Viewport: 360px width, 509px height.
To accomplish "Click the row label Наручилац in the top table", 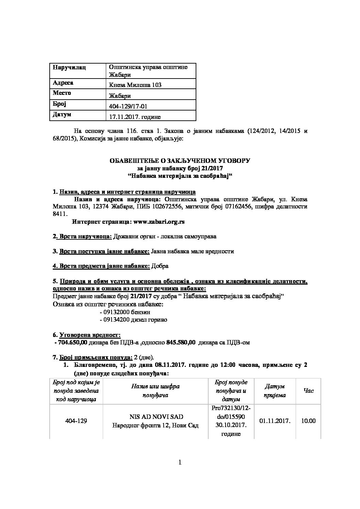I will click(69, 67).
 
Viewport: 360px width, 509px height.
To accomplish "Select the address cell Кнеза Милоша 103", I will click(135, 85).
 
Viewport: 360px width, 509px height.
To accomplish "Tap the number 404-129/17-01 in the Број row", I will click(128, 106).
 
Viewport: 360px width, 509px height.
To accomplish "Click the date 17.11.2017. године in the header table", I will click(135, 117).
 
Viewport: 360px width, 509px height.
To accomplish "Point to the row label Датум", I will click(62, 115).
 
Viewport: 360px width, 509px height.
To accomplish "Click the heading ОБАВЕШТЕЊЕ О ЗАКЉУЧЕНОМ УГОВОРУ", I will click(180, 161).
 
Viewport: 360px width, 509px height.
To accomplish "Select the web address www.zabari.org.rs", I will click(159, 222).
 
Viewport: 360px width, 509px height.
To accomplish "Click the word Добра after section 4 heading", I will click(160, 266).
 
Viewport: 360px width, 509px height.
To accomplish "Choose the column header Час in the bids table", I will click(308, 391).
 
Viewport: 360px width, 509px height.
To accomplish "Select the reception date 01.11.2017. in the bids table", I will click(275, 421).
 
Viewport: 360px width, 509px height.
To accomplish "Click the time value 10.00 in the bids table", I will click(308, 421).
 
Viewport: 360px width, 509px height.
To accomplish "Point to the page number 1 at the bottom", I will click(180, 462).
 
